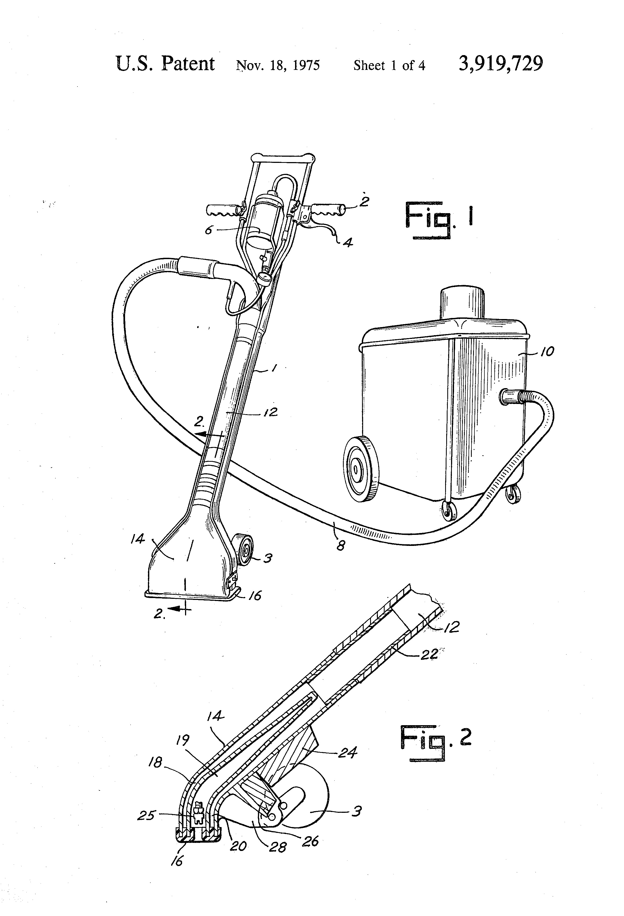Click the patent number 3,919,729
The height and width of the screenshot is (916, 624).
(x=500, y=63)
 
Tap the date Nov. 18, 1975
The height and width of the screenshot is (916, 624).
(x=278, y=65)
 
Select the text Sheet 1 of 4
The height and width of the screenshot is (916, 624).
(x=389, y=65)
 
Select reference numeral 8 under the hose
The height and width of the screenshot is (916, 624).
(x=341, y=546)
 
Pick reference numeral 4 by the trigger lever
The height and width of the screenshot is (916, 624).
(x=347, y=242)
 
